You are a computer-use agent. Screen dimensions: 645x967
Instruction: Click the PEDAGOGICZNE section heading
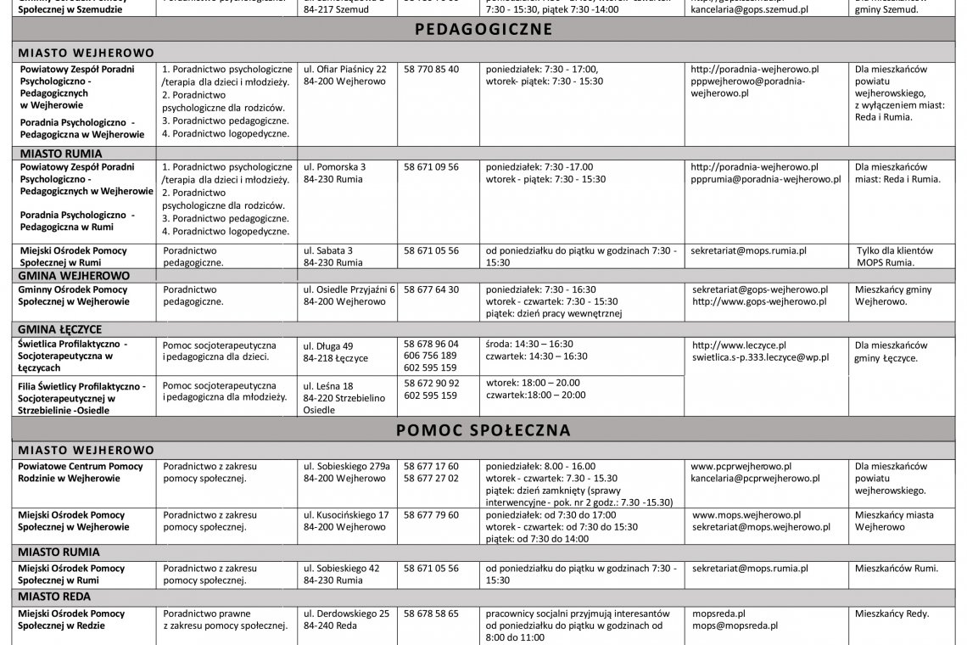coord(483,30)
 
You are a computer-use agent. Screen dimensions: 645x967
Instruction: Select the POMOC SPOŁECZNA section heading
coord(483,430)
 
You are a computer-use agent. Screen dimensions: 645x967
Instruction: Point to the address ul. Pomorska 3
coord(335,167)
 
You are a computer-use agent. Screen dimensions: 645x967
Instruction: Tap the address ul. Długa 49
coord(328,345)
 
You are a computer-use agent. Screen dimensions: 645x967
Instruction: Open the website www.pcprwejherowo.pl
coord(741,466)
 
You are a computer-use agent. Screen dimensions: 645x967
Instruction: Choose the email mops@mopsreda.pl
coord(735,625)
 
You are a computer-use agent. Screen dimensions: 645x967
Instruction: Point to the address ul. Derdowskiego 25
coord(346,613)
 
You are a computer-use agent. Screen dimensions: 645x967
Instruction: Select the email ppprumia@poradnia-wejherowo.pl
coord(766,180)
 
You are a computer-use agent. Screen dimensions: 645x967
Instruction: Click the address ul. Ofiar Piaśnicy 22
coord(345,69)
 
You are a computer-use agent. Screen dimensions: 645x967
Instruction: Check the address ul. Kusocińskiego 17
coord(346,514)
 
